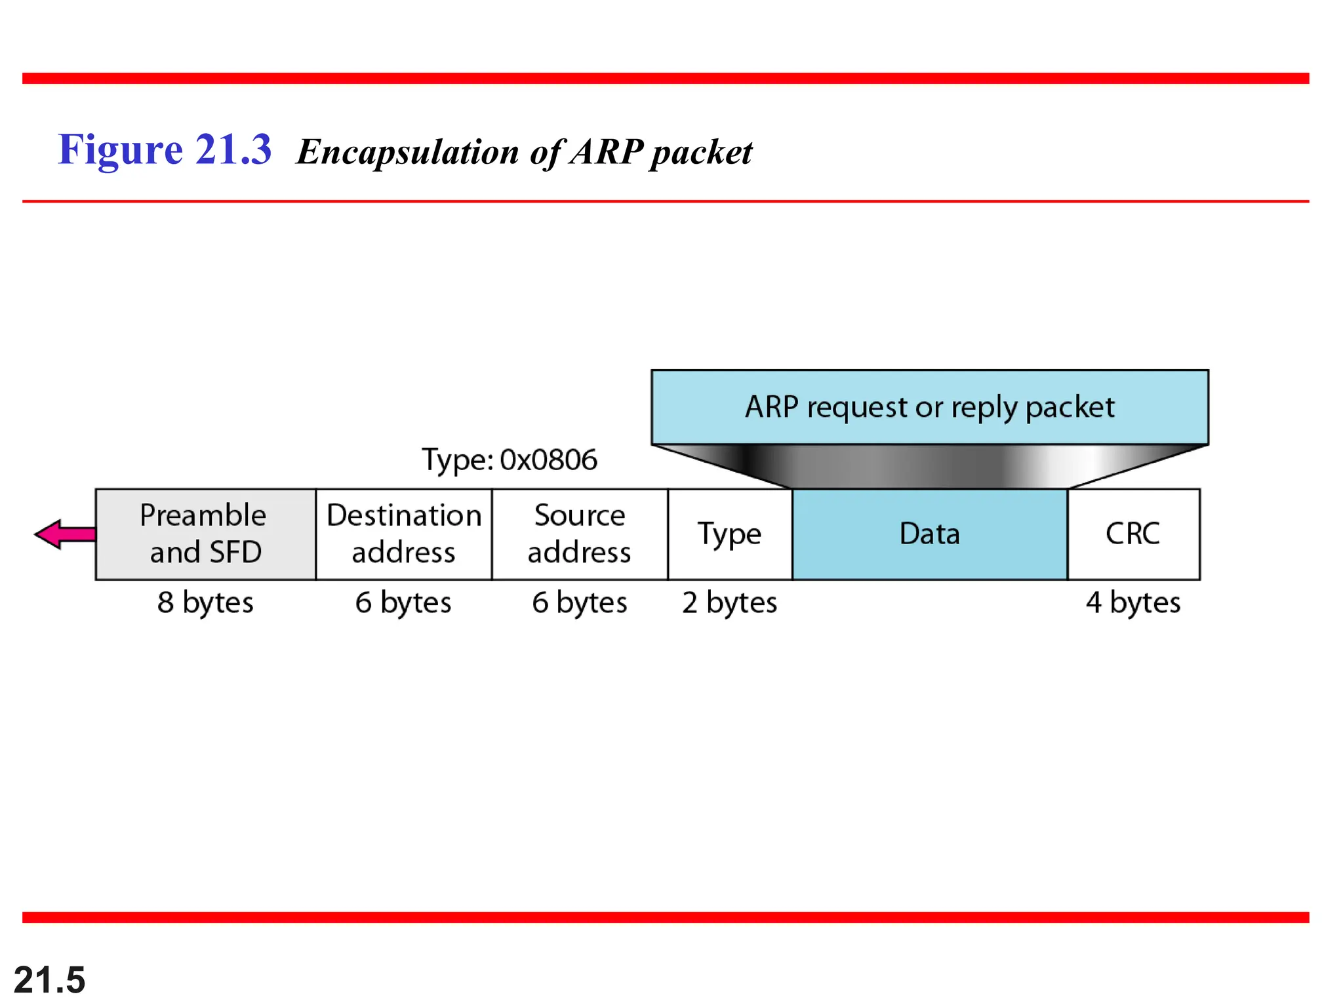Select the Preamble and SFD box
pos(205,534)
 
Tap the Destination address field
pos(404,534)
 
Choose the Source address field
pos(580,534)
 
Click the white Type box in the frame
pos(730,534)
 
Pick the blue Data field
pos(930,534)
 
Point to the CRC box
pos(1133,534)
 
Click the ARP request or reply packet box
pos(930,407)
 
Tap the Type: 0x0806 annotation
pos(510,460)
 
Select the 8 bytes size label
pos(205,602)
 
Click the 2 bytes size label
pos(730,602)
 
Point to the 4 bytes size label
pos(1133,602)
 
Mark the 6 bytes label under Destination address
pos(404,602)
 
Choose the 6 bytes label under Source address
pos(580,602)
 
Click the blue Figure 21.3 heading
pos(165,149)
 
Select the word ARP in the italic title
pos(607,152)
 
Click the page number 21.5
pos(50,980)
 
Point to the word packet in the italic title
pos(701,153)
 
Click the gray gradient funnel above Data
pos(930,466)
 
